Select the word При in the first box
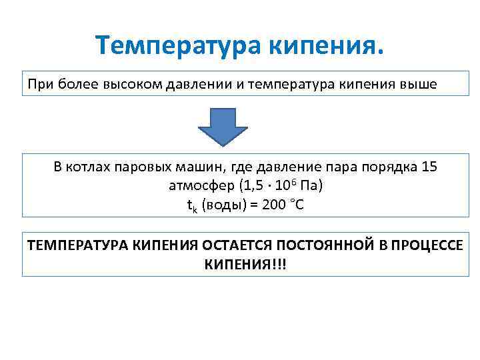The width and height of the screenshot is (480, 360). click(x=39, y=85)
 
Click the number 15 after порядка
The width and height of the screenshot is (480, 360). click(x=430, y=167)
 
